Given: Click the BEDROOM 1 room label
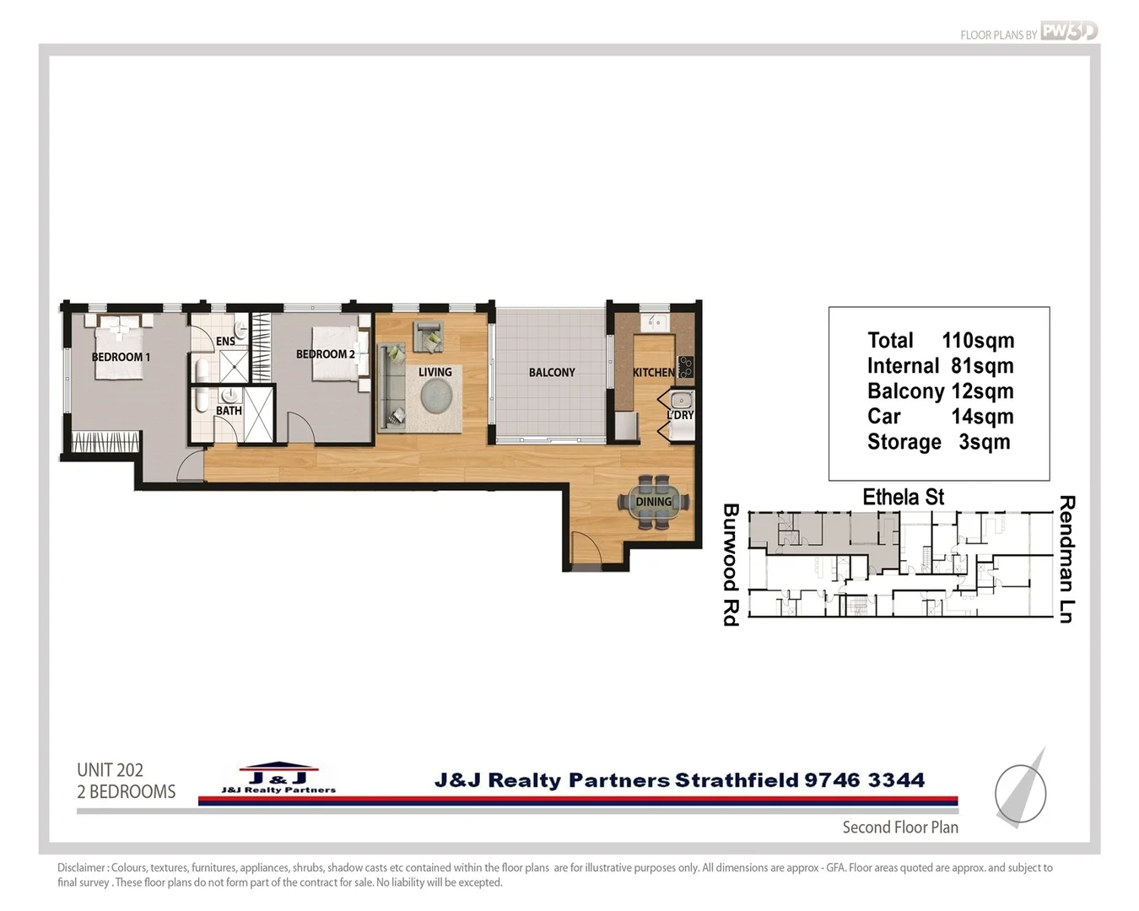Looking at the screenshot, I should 121,357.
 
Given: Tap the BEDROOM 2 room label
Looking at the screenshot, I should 325,354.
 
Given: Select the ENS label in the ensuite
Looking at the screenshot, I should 225,341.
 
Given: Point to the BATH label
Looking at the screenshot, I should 229,411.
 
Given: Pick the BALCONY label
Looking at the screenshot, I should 552,372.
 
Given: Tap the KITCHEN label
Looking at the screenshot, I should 653,372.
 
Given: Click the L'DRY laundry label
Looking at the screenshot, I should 680,415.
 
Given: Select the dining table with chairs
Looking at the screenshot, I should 654,502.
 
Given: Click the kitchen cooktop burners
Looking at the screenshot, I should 687,367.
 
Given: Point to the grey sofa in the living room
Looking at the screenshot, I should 392,385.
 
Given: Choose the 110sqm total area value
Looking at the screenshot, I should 978,341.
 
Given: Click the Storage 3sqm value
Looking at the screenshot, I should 984,442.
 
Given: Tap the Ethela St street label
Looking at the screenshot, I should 903,497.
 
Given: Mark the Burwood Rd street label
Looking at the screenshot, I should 731,564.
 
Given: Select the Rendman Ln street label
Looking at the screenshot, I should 1066,559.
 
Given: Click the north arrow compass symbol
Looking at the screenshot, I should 1022,790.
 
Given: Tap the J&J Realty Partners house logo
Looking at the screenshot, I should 278,778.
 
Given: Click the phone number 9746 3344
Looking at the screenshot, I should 864,780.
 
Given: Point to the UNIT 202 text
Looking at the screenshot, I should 110,769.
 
